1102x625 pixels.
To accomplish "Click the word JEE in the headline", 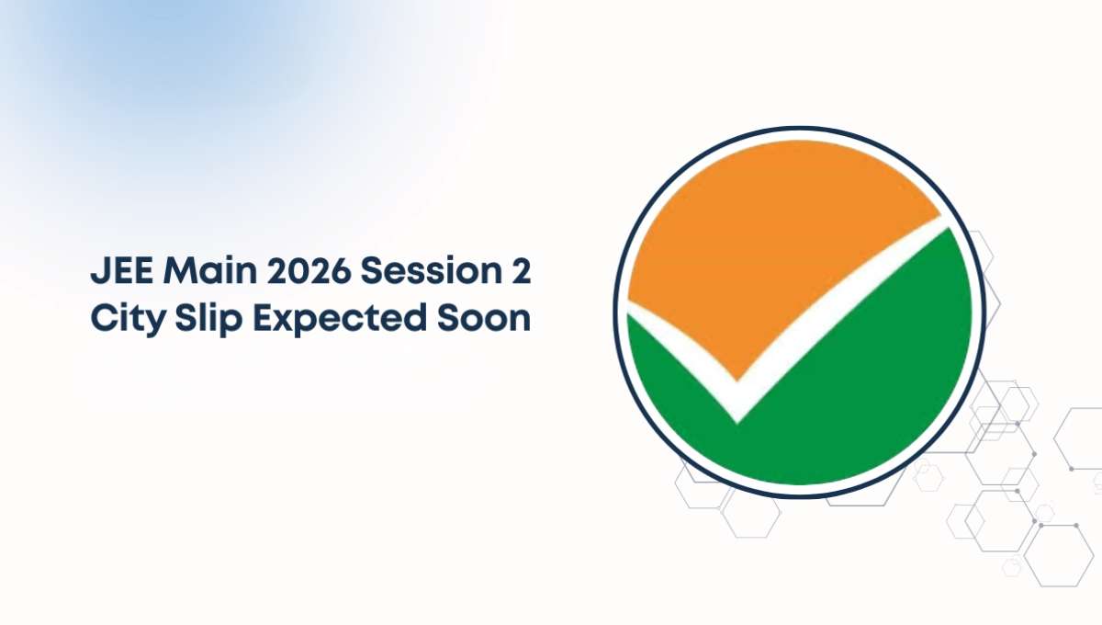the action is [121, 271].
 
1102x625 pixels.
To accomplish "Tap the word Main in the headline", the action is [210, 271].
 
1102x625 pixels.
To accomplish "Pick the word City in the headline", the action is [128, 319].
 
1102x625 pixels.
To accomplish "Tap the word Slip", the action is [208, 319].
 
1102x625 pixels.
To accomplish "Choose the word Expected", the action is [340, 319].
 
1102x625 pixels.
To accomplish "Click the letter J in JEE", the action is [99, 272].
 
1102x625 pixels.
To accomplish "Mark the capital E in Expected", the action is [264, 318].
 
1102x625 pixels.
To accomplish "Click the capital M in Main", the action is [178, 271].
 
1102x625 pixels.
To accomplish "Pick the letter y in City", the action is [154, 324].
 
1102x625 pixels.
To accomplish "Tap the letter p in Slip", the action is [231, 324].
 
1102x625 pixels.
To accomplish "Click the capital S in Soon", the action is [448, 318].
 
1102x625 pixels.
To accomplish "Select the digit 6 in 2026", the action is [341, 271].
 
